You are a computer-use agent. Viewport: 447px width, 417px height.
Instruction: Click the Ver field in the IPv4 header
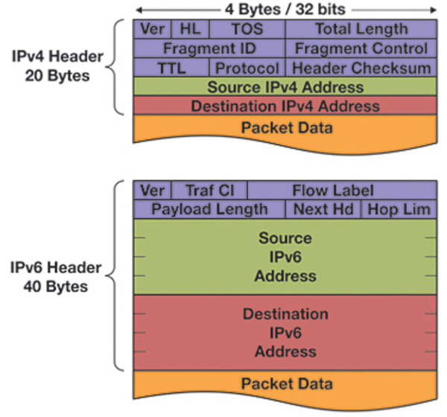152,29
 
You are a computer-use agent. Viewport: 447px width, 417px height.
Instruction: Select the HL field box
190,29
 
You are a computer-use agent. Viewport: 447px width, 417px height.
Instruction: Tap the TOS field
247,29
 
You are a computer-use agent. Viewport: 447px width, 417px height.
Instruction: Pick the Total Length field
361,29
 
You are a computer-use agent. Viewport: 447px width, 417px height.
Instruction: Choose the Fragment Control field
361,48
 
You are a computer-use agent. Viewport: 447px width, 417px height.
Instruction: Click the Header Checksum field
361,68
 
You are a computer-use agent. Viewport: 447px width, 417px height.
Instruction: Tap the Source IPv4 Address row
285,87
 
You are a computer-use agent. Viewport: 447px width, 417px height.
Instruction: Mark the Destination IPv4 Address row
285,106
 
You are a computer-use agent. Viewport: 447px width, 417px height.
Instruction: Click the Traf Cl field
209,190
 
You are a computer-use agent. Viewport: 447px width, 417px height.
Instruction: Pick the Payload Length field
209,208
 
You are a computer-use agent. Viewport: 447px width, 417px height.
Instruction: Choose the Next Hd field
323,208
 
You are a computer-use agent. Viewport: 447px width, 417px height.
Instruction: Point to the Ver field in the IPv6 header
152,190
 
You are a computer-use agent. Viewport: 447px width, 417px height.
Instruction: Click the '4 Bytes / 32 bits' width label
285,10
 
